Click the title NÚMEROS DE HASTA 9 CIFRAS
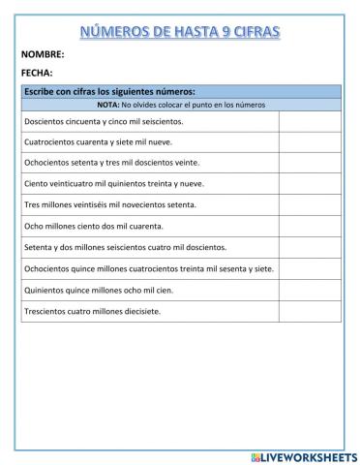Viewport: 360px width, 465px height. pos(180,33)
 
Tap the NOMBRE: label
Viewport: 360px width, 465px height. pos(42,54)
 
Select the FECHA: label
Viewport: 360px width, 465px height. pos(37,73)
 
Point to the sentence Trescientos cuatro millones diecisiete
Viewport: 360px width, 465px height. pos(92,311)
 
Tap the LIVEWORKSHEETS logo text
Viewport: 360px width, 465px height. pos(303,455)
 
